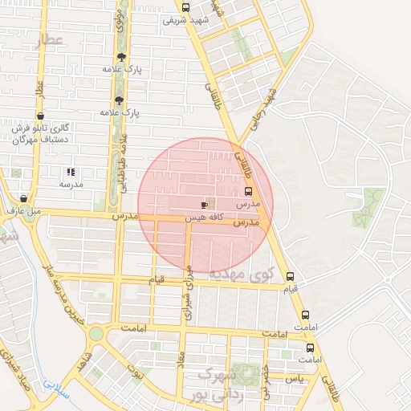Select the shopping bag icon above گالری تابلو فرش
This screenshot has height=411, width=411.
point(40,116)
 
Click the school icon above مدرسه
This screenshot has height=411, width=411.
point(71,171)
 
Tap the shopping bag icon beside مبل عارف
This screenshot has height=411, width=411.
point(24,199)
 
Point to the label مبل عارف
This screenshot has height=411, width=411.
point(24,212)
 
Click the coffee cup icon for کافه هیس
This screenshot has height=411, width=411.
point(204,205)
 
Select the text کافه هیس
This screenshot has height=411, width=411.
point(203,217)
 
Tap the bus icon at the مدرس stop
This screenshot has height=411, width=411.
point(248,192)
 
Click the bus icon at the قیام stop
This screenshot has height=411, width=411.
point(290,277)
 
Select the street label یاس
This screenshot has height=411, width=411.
point(295,377)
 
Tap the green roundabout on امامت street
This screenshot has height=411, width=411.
point(96,334)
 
